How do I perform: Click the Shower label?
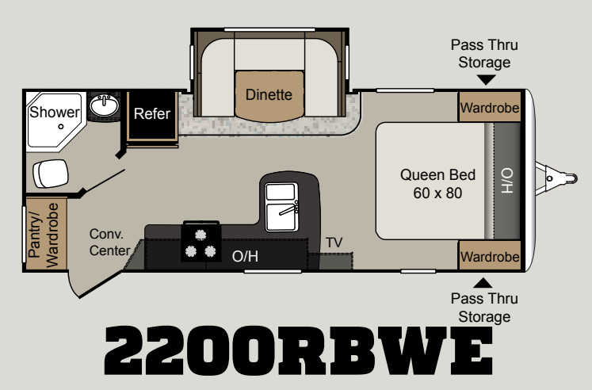[x=55, y=112]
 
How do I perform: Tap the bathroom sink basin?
[x=104, y=105]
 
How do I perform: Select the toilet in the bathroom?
[x=50, y=174]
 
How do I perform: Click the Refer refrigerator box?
[x=152, y=113]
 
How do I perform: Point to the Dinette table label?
[x=269, y=94]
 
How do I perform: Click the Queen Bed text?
[x=437, y=175]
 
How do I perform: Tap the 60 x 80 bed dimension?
[x=437, y=193]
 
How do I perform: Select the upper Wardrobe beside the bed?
[x=490, y=107]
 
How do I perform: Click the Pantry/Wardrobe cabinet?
[x=45, y=234]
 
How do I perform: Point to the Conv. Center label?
[x=109, y=242]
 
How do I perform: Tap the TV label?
[x=334, y=243]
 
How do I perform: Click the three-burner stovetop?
[x=201, y=242]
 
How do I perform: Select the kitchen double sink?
[x=281, y=207]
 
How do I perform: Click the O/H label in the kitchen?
[x=245, y=256]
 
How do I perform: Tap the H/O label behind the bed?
[x=506, y=181]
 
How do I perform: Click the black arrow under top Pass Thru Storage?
[x=487, y=79]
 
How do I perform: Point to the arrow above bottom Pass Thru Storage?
[x=483, y=283]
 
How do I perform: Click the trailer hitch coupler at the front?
[x=557, y=178]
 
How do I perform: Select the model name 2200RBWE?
[x=298, y=350]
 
